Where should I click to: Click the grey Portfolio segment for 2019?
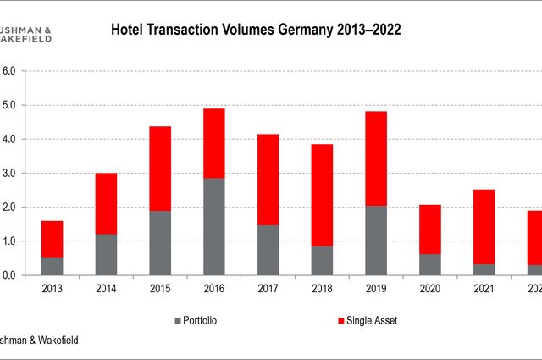(375, 240)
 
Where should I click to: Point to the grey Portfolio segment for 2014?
(106, 254)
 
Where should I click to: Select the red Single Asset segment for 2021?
(483, 226)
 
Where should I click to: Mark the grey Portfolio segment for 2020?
(429, 264)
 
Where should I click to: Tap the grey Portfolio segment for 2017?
(267, 250)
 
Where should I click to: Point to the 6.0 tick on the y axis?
(10, 71)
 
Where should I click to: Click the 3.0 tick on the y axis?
(10, 173)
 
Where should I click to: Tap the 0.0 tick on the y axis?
(10, 275)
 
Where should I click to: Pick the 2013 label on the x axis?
(52, 289)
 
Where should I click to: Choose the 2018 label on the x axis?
(321, 289)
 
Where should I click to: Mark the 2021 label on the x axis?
(483, 289)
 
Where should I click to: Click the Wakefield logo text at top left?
(25, 38)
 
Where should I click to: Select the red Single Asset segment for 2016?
(213, 143)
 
